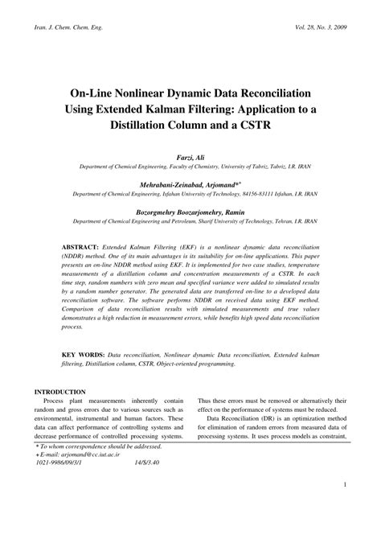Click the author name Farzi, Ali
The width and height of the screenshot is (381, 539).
tap(190, 159)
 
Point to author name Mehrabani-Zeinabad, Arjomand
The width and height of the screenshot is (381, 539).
tap(189, 184)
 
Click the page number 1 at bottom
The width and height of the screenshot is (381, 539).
tap(344, 508)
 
